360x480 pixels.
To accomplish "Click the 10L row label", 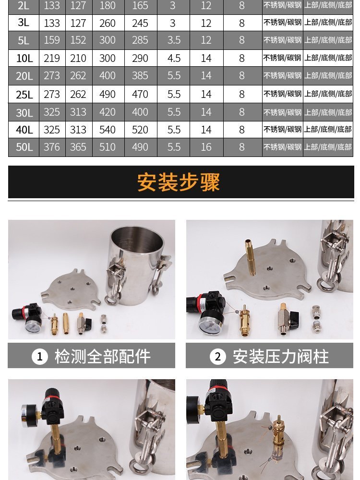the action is tap(24, 58).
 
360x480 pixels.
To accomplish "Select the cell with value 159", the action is tap(52, 40).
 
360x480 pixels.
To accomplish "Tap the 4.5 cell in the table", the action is tap(174, 58).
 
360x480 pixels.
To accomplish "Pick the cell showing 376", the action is tap(52, 147).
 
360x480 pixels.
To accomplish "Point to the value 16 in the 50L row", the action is tap(206, 147).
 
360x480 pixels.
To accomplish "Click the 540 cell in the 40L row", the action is tap(108, 130).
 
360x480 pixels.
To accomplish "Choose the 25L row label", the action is tap(24, 94).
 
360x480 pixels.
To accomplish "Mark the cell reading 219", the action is tap(52, 58).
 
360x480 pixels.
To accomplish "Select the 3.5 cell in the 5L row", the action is tap(174, 40).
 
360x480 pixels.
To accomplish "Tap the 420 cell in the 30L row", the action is tap(108, 112).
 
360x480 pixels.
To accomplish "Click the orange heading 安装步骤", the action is tap(179, 182).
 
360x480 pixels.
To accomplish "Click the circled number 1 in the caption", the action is tap(40, 356).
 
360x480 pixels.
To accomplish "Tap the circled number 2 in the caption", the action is tap(217, 356).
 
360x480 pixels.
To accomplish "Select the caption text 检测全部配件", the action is tap(103, 356).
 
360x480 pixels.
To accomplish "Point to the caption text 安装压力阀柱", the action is tap(281, 356).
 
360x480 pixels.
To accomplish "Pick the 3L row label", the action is tap(24, 23).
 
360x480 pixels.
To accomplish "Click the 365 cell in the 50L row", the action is tap(78, 147).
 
